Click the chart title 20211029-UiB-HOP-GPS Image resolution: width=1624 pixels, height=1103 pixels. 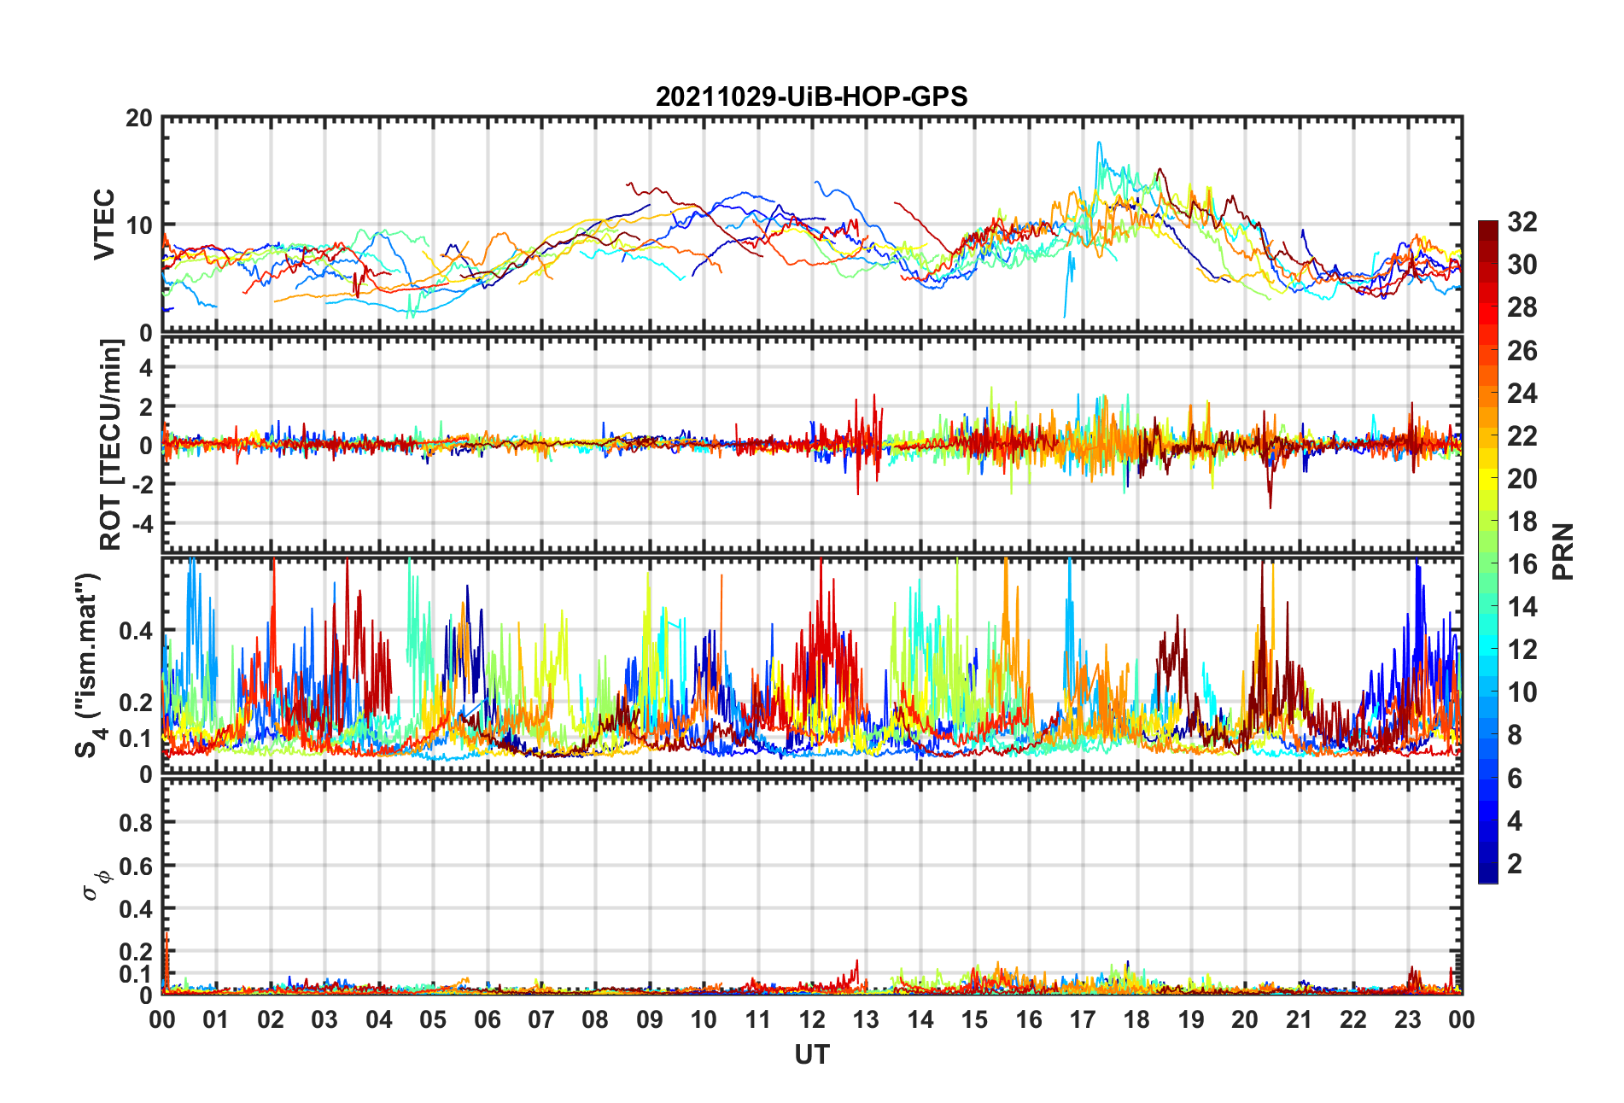tap(811, 96)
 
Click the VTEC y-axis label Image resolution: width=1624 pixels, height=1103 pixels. tap(104, 225)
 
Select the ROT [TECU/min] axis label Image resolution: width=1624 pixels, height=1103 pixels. tap(111, 445)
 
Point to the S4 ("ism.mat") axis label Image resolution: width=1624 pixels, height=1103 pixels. tap(88, 665)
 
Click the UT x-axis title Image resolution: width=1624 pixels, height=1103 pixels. tap(811, 1055)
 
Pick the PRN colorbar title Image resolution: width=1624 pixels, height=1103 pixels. tap(1563, 551)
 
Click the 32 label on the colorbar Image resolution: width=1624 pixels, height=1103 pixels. tap(1522, 222)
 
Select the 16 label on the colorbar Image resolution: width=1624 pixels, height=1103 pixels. tap(1522, 564)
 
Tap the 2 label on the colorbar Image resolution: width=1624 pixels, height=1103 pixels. tap(1515, 864)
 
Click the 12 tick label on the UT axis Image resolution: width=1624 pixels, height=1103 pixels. tap(812, 1019)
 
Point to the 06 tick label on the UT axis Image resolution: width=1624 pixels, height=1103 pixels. tap(488, 1019)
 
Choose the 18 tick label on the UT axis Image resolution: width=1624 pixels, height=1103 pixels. tap(1136, 1019)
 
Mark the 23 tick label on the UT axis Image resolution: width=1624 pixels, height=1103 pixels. tap(1407, 1019)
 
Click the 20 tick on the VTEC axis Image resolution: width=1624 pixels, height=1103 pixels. tap(138, 119)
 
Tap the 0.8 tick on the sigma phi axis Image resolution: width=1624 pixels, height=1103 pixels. tap(137, 823)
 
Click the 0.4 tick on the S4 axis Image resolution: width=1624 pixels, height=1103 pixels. tap(137, 631)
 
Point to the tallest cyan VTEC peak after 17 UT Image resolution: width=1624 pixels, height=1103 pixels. tap(1099, 143)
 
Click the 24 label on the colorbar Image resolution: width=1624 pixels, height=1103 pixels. tap(1522, 394)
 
